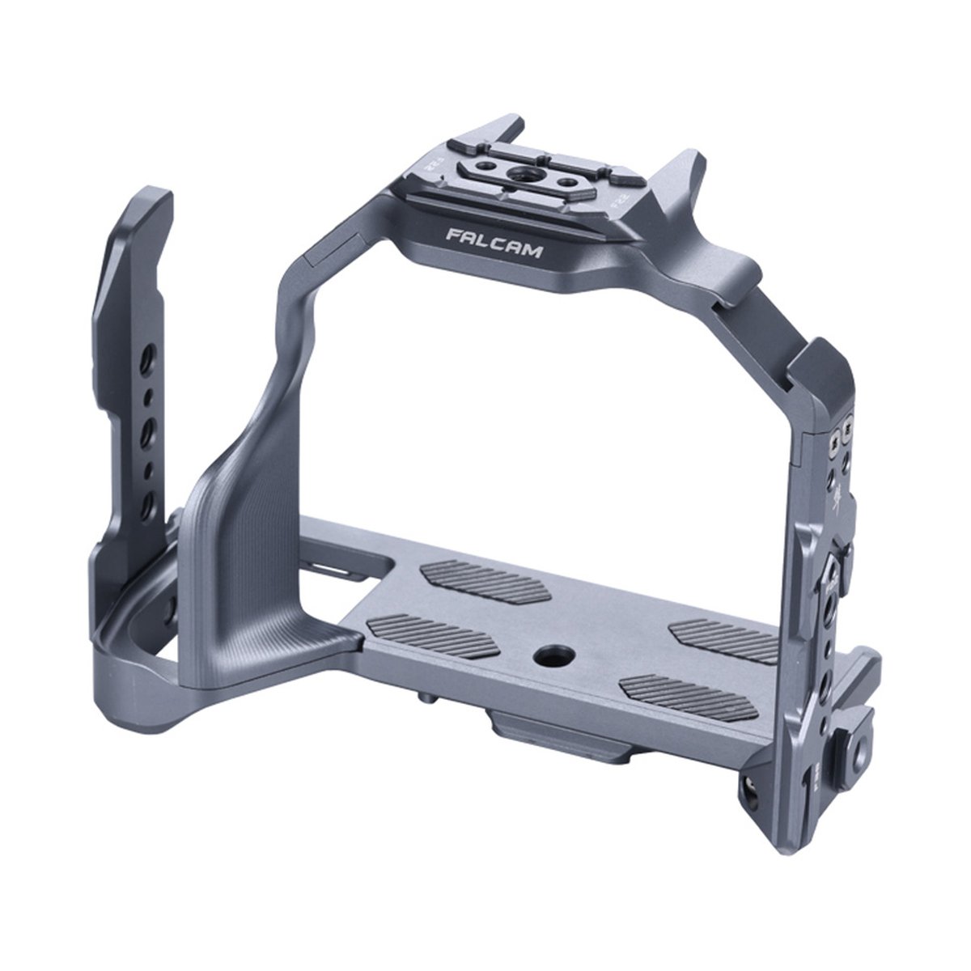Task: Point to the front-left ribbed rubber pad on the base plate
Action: (x=433, y=634)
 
